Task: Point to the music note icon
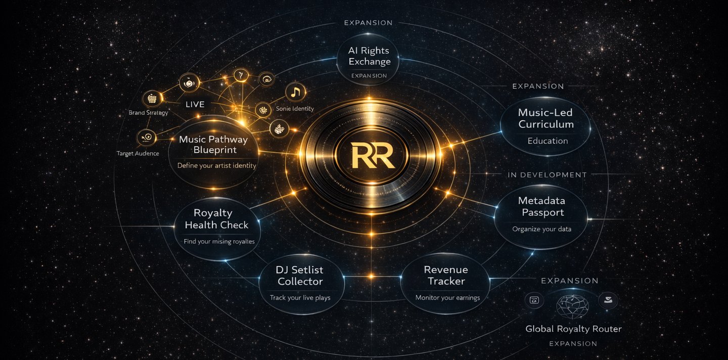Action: (296, 93)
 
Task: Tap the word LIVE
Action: (195, 105)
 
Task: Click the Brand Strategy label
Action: (149, 113)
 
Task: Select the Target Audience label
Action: (138, 153)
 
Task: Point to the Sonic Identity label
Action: (295, 109)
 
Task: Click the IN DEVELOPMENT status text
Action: (547, 175)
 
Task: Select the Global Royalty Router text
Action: (573, 329)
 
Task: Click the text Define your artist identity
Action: (216, 165)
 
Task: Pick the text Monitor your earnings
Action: (447, 298)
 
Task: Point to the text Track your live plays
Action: (300, 298)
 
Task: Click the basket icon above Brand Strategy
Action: (152, 98)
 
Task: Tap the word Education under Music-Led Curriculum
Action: (548, 141)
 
